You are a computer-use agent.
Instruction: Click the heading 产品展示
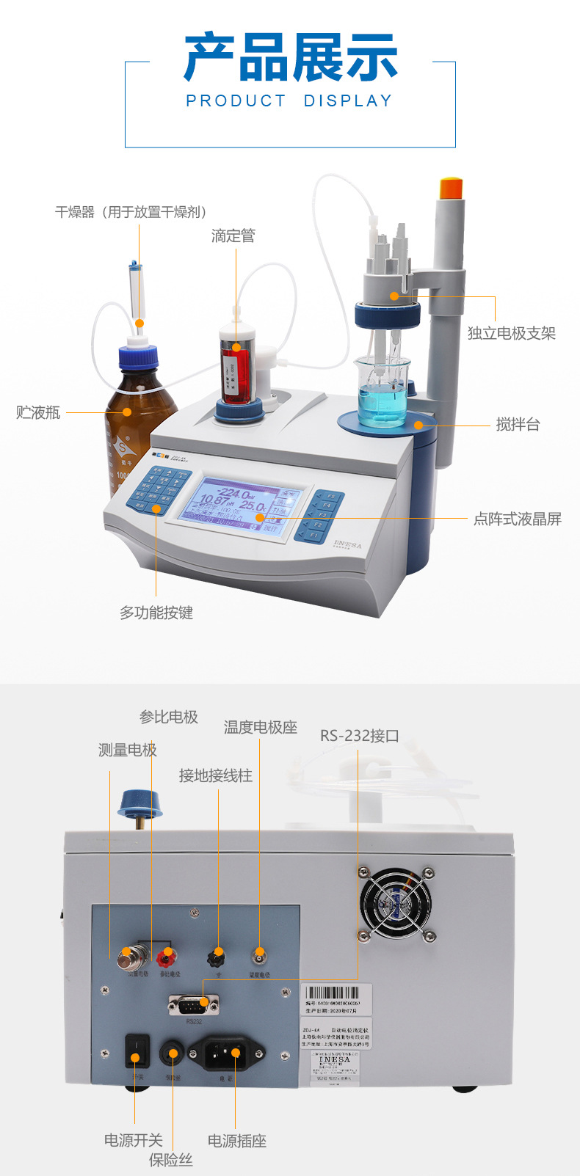pos(290,57)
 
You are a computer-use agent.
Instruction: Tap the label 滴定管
pos(233,235)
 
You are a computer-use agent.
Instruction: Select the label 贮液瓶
pos(38,412)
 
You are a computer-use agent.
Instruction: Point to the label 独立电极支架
pos(512,333)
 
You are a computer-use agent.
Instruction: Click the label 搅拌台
pos(518,424)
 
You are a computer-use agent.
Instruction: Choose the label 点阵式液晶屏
pos(517,519)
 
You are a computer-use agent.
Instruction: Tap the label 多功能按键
pos(156,613)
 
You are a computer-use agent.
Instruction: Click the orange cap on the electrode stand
pos(450,188)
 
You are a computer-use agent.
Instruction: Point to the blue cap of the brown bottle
pos(139,357)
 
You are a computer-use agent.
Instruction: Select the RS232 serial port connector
pos(194,1004)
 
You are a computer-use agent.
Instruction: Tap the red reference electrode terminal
pos(168,955)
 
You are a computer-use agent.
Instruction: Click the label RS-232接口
pos(359,735)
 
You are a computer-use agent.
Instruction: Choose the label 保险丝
pos(171,1160)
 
